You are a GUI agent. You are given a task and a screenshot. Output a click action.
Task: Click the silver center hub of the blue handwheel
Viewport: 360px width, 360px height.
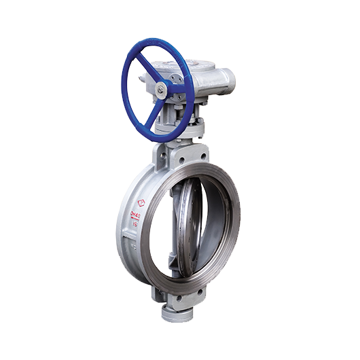point(160,88)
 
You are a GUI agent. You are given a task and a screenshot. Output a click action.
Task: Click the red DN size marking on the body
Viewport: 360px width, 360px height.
point(134,216)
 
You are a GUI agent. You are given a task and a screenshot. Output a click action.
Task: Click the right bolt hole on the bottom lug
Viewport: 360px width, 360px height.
point(199,293)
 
